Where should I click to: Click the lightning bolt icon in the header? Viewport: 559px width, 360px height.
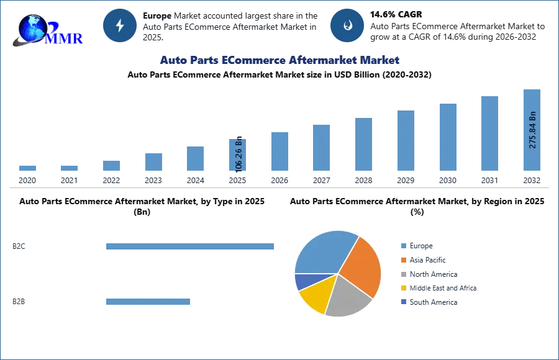120,25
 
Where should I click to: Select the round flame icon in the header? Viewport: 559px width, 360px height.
347,25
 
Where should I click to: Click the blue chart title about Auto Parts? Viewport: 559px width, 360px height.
280,60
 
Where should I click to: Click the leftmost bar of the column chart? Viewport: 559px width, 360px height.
27,169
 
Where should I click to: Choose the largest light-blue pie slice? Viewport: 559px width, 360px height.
323,251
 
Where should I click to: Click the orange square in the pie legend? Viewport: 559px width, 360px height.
402,259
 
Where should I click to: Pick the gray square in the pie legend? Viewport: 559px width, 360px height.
402,274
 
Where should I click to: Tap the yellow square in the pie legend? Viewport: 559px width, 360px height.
402,288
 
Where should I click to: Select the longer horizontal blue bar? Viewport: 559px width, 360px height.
191,248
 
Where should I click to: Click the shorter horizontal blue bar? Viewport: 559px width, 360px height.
148,303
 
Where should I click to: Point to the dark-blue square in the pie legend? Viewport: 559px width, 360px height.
402,302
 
